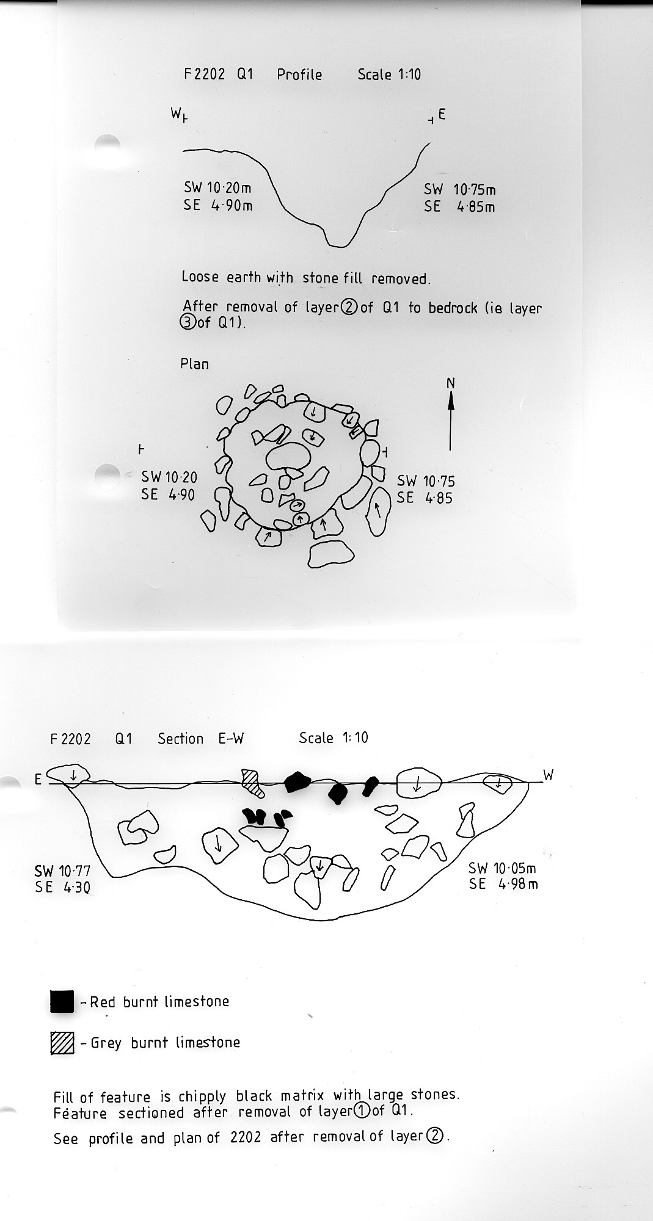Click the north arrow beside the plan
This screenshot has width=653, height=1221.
[451, 421]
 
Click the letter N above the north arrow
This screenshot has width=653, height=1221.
[451, 383]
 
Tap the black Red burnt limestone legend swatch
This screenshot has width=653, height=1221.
[62, 1002]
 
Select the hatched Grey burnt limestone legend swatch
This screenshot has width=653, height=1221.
[62, 1043]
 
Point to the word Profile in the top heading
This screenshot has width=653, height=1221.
[299, 74]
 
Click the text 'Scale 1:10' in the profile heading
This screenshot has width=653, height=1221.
[389, 74]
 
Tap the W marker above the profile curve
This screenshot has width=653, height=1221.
[177, 113]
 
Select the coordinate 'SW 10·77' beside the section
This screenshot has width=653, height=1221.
[62, 871]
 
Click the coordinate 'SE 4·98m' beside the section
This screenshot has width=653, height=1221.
[503, 884]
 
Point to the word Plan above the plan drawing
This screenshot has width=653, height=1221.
[194, 364]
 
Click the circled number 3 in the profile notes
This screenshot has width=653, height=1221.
[189, 322]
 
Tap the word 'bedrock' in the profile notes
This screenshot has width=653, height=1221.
[453, 308]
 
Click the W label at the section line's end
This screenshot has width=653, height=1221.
[549, 775]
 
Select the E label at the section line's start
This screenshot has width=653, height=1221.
[38, 780]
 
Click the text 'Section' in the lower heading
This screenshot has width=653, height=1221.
[180, 739]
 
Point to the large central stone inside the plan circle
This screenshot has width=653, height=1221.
[288, 457]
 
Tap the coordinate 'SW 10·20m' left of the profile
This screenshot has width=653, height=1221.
[217, 188]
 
